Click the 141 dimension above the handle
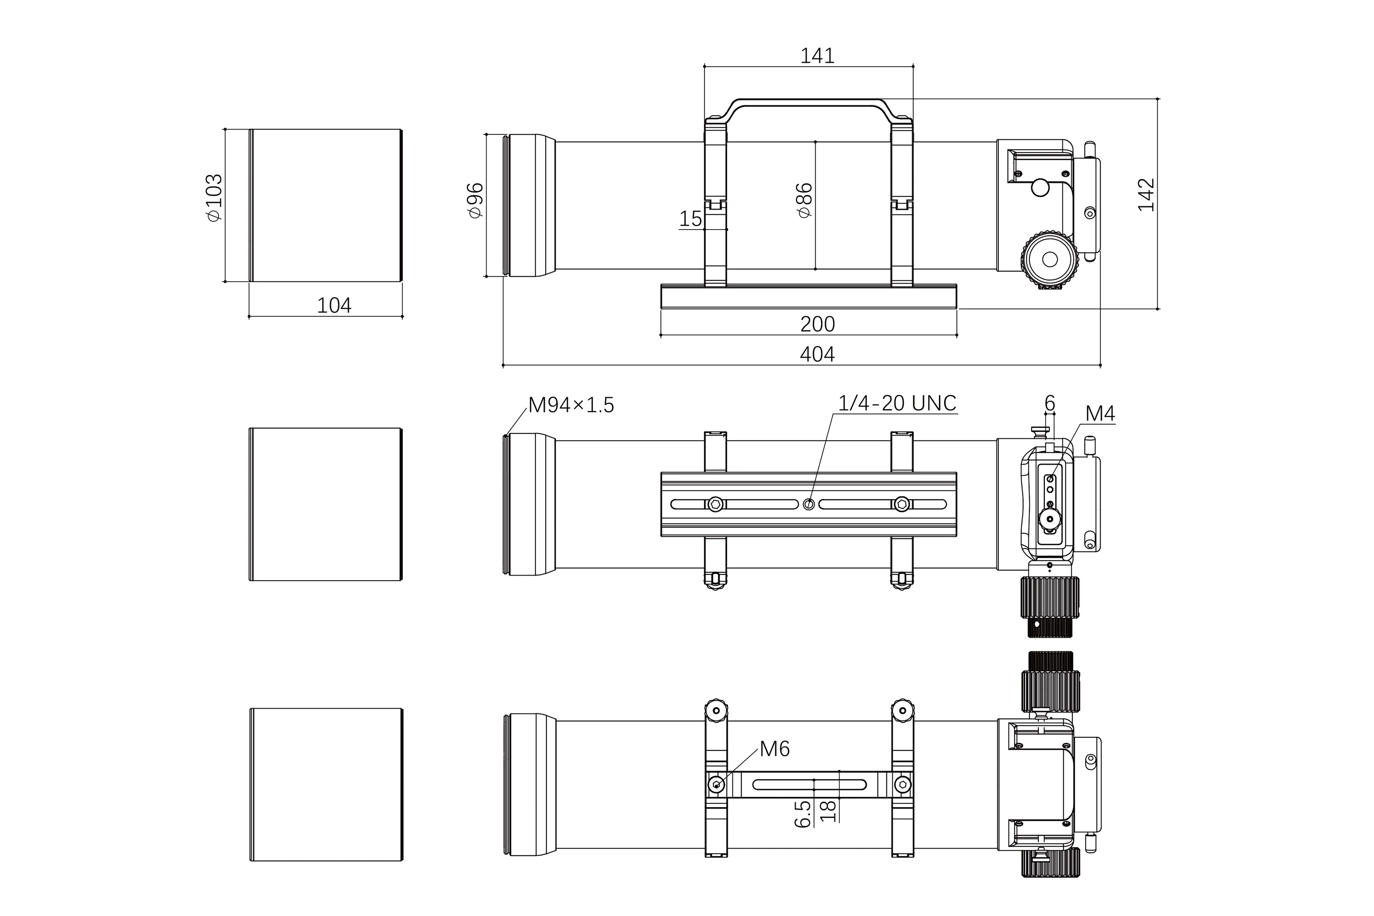(x=817, y=55)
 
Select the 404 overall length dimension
(x=817, y=354)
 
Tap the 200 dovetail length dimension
(x=817, y=324)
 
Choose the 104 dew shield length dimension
(x=334, y=305)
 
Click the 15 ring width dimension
(x=690, y=219)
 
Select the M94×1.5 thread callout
(x=571, y=405)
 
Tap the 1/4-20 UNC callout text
(x=897, y=403)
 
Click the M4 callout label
(x=1100, y=413)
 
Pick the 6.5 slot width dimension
(x=803, y=814)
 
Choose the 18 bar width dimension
(x=828, y=811)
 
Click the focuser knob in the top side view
(x=1049, y=259)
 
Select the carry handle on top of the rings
(x=809, y=104)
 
